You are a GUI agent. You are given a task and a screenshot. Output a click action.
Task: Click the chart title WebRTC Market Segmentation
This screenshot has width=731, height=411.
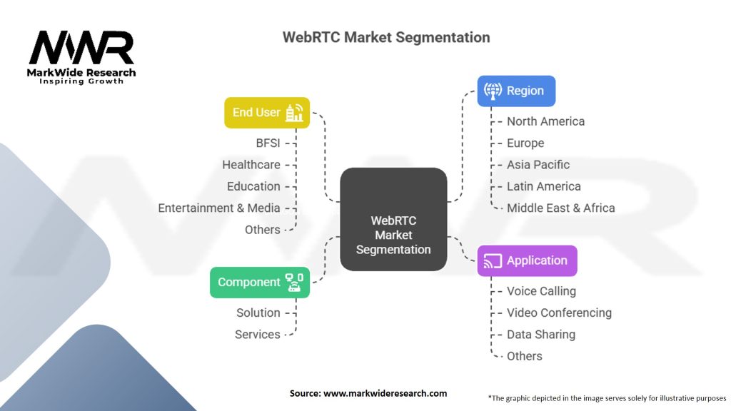(386, 37)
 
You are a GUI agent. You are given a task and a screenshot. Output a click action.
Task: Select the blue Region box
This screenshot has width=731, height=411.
(515, 91)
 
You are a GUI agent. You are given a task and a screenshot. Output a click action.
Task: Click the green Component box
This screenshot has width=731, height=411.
(259, 282)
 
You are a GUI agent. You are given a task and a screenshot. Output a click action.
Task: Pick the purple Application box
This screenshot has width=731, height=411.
(527, 260)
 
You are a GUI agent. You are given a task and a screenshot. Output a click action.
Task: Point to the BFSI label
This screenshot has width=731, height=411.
(268, 143)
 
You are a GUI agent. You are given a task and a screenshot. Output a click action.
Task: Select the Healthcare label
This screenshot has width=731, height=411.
(251, 164)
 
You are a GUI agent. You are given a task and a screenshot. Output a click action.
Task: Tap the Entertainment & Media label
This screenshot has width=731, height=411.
(218, 208)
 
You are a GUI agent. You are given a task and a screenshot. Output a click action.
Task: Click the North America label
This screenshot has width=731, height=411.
(545, 121)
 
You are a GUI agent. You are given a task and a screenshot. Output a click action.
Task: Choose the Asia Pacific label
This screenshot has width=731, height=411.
(538, 164)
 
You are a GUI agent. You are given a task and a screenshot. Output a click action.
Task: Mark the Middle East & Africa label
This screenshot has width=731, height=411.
(560, 208)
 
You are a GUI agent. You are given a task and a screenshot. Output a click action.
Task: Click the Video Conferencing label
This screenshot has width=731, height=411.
(559, 313)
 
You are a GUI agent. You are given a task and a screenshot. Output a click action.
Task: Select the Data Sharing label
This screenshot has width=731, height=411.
(540, 334)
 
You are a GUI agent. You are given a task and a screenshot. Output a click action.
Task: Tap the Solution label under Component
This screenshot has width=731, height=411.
(258, 313)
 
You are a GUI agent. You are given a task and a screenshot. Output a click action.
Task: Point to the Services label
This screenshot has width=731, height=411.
(257, 334)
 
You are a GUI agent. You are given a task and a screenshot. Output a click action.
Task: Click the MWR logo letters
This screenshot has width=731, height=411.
(81, 48)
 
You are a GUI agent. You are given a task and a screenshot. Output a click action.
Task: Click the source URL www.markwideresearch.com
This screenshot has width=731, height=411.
(385, 393)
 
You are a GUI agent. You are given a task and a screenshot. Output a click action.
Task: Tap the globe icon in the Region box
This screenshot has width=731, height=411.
(493, 91)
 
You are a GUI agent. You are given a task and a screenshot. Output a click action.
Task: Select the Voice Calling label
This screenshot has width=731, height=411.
(541, 291)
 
